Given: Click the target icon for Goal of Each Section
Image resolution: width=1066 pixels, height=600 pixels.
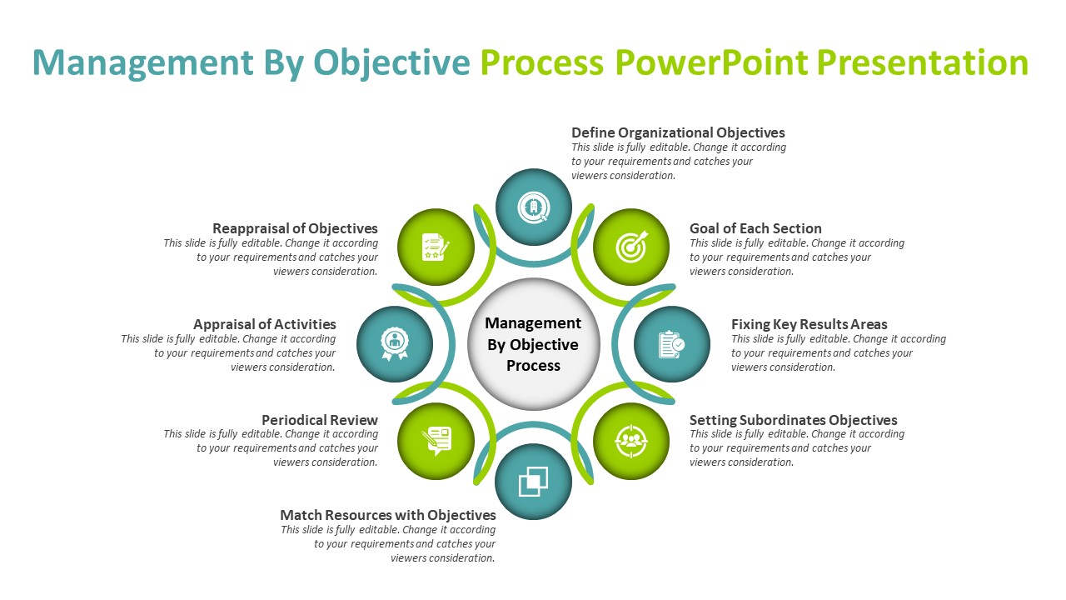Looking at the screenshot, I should click(x=630, y=247).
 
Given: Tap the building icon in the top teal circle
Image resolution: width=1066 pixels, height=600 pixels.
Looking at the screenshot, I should click(x=533, y=207).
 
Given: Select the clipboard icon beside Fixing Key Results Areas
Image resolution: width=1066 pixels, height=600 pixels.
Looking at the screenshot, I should click(x=671, y=344).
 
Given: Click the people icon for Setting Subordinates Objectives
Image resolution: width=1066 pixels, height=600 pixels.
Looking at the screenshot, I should click(x=630, y=441).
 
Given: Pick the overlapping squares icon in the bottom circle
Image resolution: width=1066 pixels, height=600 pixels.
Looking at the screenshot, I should click(x=533, y=481).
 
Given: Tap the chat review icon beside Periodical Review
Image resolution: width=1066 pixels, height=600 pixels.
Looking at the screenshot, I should click(x=436, y=441).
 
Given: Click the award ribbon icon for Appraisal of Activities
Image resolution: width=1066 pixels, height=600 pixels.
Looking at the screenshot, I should click(x=395, y=343).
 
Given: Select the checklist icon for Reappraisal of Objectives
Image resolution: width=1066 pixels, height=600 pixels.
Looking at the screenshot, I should click(x=436, y=247).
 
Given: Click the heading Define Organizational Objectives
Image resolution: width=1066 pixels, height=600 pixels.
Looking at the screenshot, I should click(x=678, y=132).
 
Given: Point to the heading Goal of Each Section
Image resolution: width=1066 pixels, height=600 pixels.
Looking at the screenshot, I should click(x=755, y=228).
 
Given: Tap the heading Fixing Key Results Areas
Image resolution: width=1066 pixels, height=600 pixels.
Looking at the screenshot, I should click(x=809, y=324).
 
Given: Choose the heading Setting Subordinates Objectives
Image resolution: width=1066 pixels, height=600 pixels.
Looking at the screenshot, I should click(x=793, y=420).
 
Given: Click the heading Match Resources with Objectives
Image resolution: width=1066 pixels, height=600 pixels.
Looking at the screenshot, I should click(x=388, y=515).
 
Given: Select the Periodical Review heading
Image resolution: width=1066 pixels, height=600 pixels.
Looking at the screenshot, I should click(x=320, y=420).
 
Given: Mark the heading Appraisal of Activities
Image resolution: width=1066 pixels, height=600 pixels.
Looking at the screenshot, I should click(x=265, y=324).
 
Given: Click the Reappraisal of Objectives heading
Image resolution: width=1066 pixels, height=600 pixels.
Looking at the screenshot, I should click(x=295, y=228).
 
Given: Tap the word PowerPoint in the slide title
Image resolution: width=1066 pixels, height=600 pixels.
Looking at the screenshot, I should click(x=712, y=62).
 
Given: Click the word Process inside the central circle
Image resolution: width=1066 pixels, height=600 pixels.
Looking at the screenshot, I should click(x=533, y=366).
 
